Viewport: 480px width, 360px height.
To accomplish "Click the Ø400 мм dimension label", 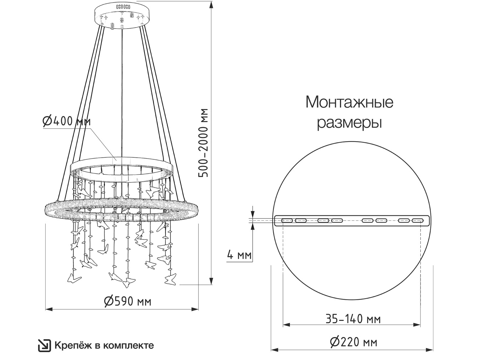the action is point(66,121).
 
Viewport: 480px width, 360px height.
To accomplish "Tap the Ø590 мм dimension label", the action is point(128,302).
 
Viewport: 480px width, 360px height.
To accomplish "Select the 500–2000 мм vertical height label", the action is point(203,143).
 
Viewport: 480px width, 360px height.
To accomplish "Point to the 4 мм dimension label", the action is point(239,255).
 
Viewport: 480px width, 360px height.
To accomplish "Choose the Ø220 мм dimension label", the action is point(354,342).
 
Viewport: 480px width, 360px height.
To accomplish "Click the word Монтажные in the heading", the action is point(349,102).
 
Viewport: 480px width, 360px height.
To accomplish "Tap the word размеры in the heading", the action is point(349,123).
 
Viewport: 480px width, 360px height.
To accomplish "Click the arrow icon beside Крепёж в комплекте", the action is point(44,346).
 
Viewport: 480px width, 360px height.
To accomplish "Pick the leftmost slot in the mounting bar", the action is point(287,221).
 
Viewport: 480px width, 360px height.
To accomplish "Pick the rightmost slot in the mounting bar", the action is point(418,221).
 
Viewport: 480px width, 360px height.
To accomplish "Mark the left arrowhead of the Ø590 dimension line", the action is point(49,309).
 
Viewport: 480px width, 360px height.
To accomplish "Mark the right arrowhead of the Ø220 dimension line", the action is point(429,350).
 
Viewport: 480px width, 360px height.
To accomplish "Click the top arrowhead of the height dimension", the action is point(211,6).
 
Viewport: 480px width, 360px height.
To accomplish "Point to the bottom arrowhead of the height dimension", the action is point(211,280).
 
